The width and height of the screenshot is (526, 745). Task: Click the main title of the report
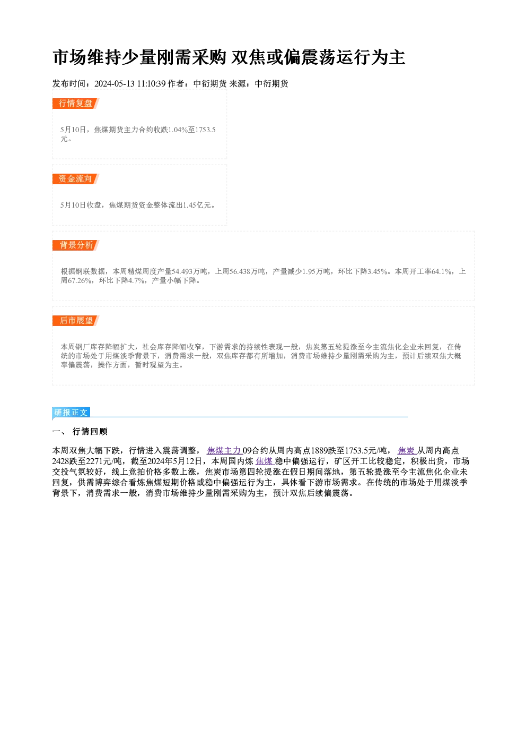(229, 57)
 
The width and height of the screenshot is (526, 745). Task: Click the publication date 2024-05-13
(115, 84)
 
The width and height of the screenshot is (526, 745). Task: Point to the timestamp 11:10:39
(151, 84)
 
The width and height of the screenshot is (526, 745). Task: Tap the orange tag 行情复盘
(75, 104)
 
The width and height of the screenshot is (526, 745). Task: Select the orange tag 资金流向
(75, 179)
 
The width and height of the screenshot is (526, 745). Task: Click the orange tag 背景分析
(75, 245)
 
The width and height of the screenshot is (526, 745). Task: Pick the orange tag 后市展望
(75, 321)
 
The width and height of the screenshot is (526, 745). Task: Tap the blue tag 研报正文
(71, 413)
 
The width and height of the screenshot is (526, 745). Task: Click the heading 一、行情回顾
(80, 432)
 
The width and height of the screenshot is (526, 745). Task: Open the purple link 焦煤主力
(224, 451)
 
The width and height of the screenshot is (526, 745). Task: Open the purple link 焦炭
(407, 451)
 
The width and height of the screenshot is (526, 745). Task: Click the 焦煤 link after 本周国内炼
(265, 461)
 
